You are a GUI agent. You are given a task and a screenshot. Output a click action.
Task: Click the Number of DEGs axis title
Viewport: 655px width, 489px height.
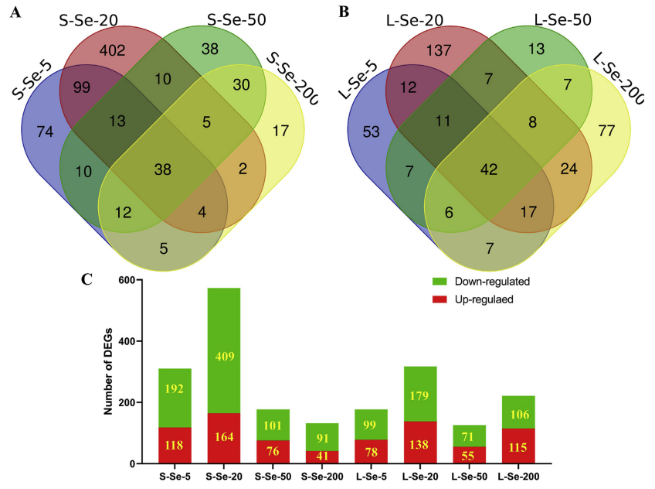[x=109, y=372]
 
